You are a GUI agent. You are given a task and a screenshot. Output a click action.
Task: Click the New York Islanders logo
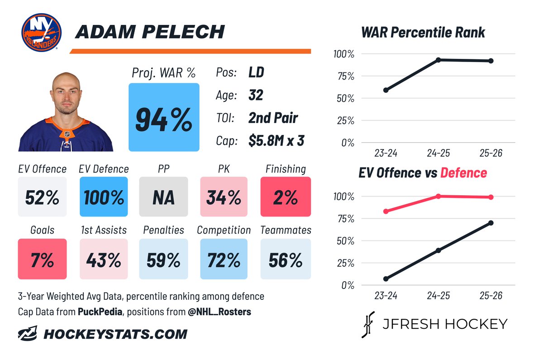pos(41,32)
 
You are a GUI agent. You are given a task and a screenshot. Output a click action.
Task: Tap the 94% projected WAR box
pos(164,117)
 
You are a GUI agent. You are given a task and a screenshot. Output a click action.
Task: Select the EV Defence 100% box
pos(104,197)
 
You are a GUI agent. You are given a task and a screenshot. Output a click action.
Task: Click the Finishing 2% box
pos(286,197)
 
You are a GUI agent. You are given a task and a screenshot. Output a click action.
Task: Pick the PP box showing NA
pos(164,197)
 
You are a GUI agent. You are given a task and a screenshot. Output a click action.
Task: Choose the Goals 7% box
pos(42,259)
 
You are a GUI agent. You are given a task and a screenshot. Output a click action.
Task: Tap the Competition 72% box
pos(224,259)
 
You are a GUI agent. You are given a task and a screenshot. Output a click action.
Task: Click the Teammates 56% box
pos(286,259)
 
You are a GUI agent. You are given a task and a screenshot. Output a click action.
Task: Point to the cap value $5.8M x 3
pos(276,140)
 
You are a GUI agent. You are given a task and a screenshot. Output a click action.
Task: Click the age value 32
pos(256,95)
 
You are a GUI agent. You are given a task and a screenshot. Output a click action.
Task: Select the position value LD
pos(256,72)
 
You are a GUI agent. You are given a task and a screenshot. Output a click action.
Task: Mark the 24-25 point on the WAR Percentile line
pos(438,60)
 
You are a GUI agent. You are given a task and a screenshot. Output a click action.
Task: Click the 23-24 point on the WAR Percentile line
pos(386,90)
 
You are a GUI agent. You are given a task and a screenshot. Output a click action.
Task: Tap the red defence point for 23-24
pos(386,211)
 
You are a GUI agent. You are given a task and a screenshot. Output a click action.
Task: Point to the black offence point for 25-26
pos(491,223)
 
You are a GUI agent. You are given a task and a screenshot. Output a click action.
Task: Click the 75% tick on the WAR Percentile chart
pos(346,77)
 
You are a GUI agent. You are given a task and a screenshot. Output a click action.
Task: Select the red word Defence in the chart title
pos(463,173)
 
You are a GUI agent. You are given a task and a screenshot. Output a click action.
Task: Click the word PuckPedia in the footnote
pos(100,312)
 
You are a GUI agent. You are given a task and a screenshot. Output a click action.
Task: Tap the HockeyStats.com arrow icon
pos(28,333)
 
